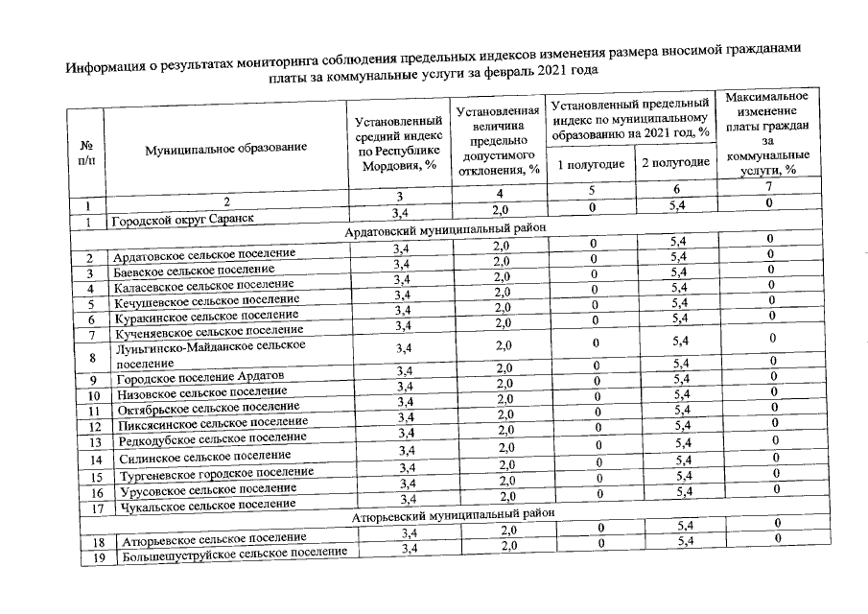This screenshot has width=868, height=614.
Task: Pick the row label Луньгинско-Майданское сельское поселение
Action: (x=209, y=353)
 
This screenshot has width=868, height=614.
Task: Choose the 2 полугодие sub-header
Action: (x=675, y=162)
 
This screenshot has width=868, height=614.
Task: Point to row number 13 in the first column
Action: (x=91, y=442)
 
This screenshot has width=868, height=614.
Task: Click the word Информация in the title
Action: (x=105, y=66)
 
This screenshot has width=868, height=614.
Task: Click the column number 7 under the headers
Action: (x=767, y=187)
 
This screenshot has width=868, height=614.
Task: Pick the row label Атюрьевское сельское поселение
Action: (x=211, y=539)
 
